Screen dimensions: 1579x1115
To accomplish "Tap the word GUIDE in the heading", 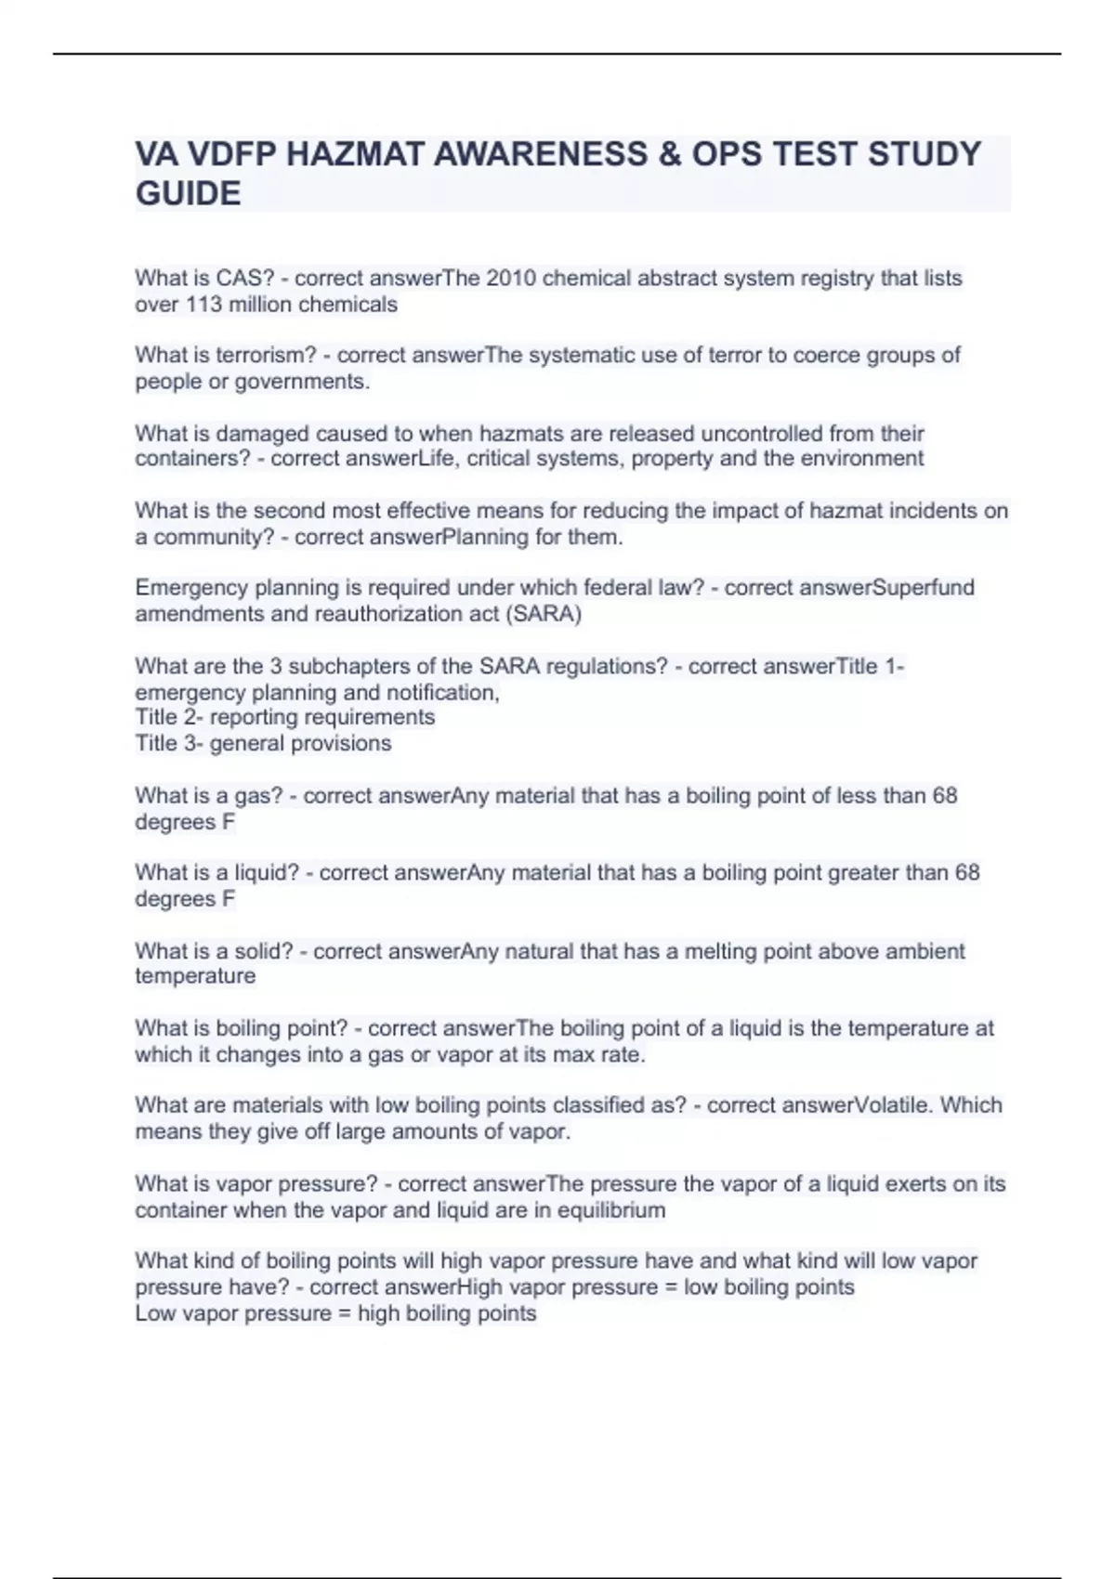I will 188,194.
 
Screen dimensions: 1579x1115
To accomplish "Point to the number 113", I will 202,305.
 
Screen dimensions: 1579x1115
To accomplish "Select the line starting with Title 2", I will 284,717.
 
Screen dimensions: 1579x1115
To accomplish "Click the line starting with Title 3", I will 263,743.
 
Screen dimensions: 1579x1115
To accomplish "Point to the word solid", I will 269,951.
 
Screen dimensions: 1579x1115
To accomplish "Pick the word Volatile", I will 892,1105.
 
